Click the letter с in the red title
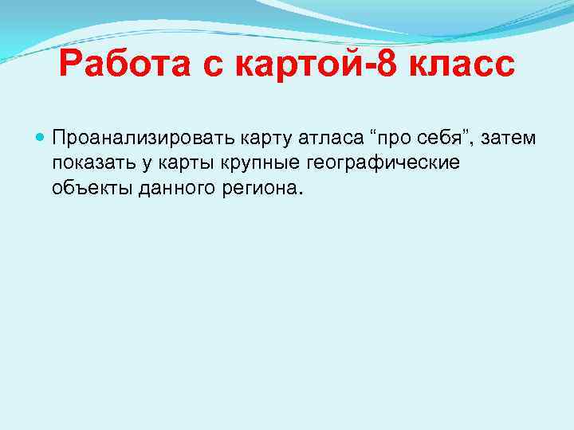click(x=213, y=66)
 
